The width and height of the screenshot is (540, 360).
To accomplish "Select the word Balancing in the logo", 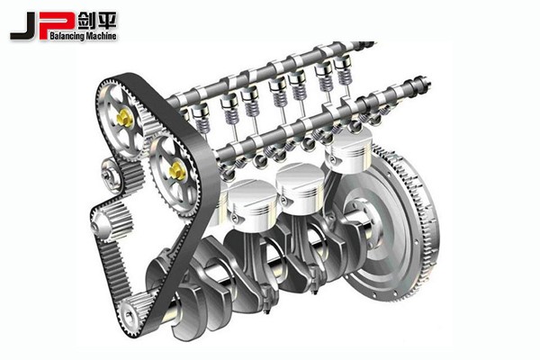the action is pos(67,36).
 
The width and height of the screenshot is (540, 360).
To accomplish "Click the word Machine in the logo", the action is pos(101,35).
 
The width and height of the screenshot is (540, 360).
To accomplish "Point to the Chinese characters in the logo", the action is pos(97,21).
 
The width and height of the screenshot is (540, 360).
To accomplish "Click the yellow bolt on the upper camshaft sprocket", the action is pos(124,118).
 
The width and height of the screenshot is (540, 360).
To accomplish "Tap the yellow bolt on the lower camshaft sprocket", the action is pos(177,171).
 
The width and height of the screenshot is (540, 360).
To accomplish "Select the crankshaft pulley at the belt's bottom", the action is pos(130,313).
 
